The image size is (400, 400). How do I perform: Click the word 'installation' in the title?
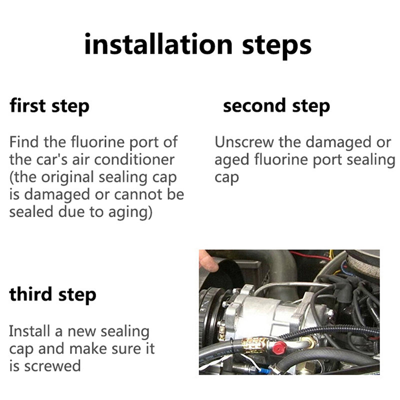[x=158, y=44]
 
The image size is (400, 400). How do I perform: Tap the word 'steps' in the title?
[x=277, y=46]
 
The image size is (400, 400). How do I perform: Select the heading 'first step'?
[x=49, y=106]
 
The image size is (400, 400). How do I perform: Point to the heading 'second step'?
[x=276, y=106]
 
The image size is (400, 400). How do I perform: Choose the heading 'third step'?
[x=53, y=294]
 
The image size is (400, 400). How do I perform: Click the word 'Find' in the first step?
[x=24, y=142]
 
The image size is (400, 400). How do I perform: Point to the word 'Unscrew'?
[x=244, y=142]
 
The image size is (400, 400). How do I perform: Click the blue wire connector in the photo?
[x=264, y=369]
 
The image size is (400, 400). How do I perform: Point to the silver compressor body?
[x=268, y=314]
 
